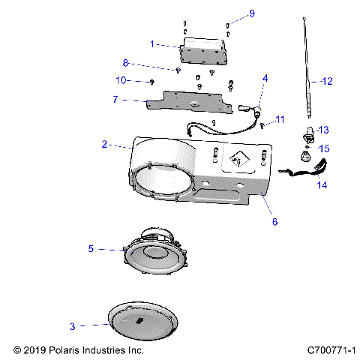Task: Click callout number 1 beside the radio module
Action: coord(152,44)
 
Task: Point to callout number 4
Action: coord(265,78)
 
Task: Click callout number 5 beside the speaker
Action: coord(91,248)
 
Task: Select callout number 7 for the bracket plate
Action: coord(114,99)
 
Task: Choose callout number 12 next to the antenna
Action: coord(325,80)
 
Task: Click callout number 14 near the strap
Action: coord(323,184)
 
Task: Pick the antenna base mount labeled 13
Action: coord(307,136)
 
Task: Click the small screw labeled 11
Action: coord(262,124)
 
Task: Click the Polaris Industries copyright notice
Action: coord(79,350)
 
